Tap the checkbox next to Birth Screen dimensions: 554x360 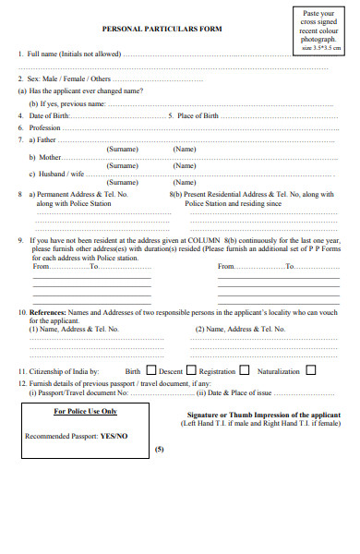point(151,371)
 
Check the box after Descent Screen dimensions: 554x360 point(191,371)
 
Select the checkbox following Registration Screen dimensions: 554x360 point(245,371)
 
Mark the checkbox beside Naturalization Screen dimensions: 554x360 point(311,371)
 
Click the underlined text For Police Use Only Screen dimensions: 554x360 point(85,412)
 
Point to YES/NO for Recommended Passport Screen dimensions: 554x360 point(114,435)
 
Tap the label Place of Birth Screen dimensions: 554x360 point(198,116)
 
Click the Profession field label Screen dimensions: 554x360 point(45,127)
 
